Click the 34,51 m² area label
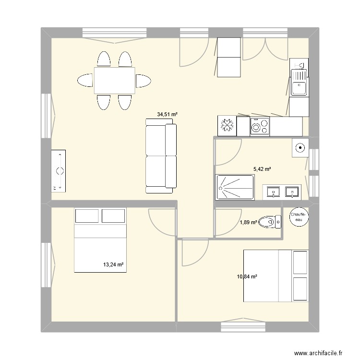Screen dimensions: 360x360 (x=168, y=114)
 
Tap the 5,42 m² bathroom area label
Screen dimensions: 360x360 (x=262, y=169)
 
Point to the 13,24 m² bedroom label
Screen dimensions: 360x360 (x=114, y=264)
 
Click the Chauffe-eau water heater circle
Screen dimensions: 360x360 (x=300, y=217)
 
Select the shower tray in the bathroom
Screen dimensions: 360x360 (x=235, y=187)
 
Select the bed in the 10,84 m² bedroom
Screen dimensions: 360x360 (x=276, y=276)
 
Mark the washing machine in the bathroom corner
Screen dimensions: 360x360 (x=300, y=148)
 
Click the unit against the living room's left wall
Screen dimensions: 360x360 (x=59, y=170)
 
